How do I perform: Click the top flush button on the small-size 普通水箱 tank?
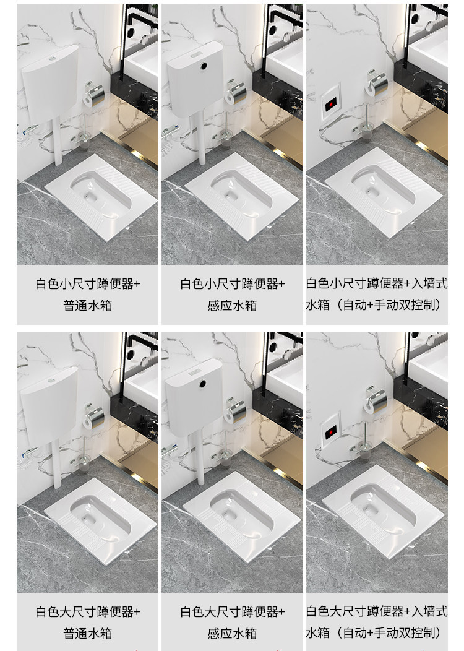[52, 59]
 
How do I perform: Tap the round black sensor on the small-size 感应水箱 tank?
[204, 65]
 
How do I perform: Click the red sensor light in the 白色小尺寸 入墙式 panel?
[331, 104]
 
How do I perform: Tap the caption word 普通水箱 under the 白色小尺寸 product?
[88, 306]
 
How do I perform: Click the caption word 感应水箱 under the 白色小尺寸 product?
[233, 306]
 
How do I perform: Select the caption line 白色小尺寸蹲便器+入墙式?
[377, 283]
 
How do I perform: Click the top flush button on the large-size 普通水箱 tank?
[51, 381]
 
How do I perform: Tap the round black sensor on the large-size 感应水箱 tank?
[202, 384]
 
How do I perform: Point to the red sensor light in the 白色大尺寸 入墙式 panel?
[330, 432]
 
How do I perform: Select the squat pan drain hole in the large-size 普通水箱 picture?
[88, 519]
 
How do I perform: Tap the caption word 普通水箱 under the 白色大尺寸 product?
[88, 634]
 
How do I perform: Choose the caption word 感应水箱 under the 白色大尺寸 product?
[233, 634]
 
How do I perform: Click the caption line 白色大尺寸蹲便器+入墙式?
[377, 611]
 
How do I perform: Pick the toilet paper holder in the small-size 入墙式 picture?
[376, 84]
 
